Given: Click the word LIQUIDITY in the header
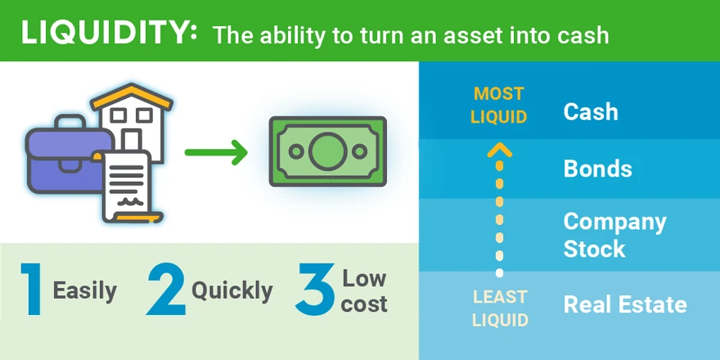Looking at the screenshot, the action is point(109,32).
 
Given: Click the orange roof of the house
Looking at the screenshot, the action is point(132,96).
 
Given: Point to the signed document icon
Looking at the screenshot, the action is point(128,186).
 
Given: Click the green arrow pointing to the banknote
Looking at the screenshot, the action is point(216,151).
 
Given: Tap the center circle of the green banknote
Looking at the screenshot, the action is point(328,151).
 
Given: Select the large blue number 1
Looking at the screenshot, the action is point(32,289).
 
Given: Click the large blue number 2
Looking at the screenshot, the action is point(165,289).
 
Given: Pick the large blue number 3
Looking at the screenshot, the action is point(315,289).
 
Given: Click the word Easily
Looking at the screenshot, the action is point(85,290).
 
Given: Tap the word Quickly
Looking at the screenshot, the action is point(232,290).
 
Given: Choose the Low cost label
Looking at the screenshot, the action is point(365,291).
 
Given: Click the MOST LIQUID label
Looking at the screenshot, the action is point(498,106).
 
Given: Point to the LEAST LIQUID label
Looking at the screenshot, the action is point(500,308).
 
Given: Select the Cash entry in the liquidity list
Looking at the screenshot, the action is point(591,111).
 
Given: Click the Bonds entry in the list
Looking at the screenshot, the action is point(598,169).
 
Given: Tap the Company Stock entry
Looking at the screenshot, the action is point(614,235).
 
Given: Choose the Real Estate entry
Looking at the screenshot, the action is point(625,304).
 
